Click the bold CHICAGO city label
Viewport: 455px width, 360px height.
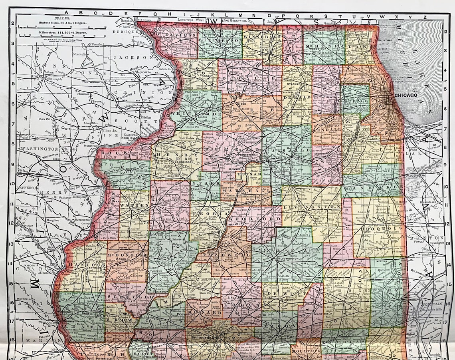pyautogui.click(x=406, y=95)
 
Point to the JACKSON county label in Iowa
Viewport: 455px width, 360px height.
pyautogui.click(x=127, y=58)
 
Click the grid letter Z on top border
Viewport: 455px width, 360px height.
pyautogui.click(x=425, y=17)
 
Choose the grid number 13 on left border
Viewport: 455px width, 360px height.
pyautogui.click(x=12, y=243)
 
